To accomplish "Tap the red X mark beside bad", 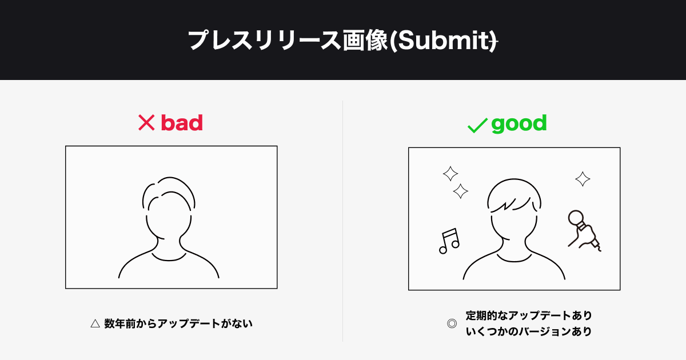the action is coord(146,123).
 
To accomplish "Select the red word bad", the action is coord(182,123).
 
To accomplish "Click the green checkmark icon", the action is coord(477,126).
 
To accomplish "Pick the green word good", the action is coord(519,123).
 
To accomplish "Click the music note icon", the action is coord(449,241).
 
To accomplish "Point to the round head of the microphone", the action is coord(576,218).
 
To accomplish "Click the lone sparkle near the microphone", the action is coord(583,179).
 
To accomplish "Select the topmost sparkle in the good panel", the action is coord(450,174).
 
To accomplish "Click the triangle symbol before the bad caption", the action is coord(95,323).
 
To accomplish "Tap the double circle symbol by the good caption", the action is coord(452,323).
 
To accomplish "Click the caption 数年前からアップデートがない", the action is coord(178,323).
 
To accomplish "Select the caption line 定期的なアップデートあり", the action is coord(529,315).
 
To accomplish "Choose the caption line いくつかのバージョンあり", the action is coord(529,331).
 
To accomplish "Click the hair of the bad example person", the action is coord(169,178).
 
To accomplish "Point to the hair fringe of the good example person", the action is coord(512,205).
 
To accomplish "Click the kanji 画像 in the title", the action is coord(365,41).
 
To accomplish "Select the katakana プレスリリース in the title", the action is coord(264,41).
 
